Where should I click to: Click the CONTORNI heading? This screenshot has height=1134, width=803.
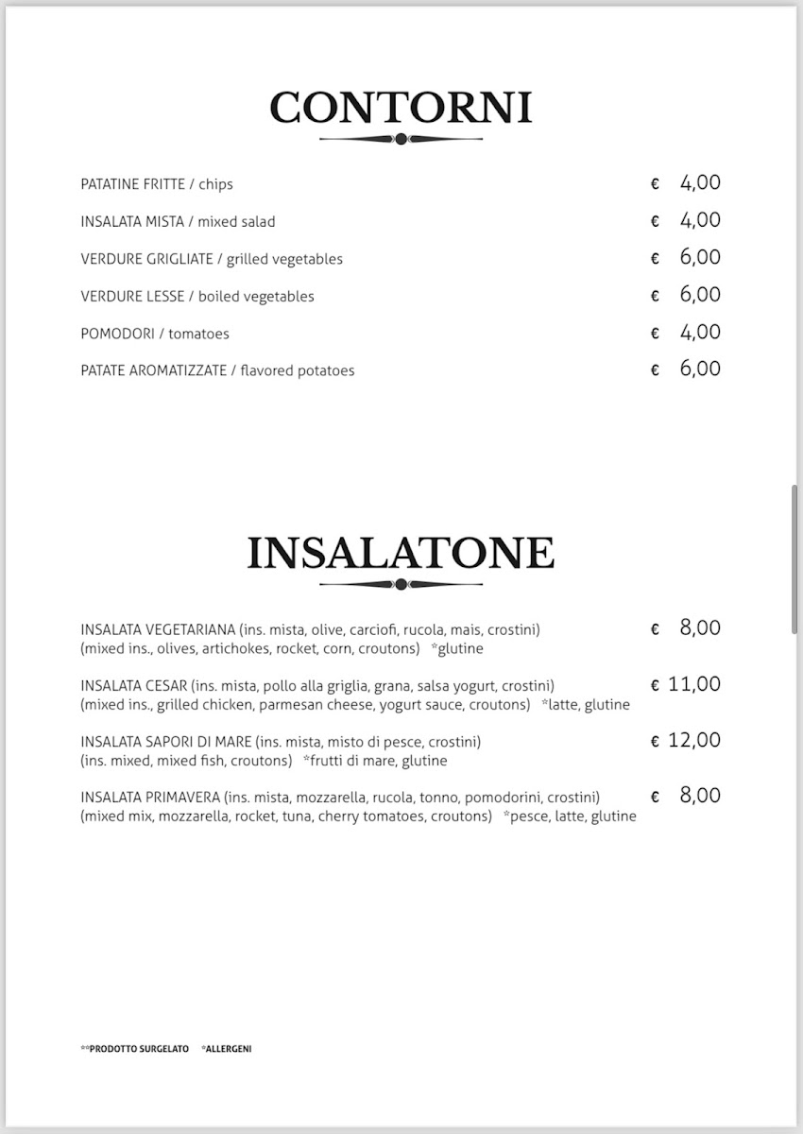tap(401, 108)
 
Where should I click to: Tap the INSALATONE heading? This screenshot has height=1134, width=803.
tap(401, 553)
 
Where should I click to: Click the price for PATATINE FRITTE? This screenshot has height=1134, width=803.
tap(699, 183)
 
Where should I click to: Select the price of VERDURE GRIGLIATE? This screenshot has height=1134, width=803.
tap(699, 258)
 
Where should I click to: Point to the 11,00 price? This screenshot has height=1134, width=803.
tap(693, 684)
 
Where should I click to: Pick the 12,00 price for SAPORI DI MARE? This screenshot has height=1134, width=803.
tap(693, 740)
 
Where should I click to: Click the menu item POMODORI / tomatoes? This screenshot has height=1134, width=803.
tap(155, 334)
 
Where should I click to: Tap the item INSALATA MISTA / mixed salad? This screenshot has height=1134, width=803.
tap(178, 222)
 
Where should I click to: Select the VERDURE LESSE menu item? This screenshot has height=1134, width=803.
tap(197, 297)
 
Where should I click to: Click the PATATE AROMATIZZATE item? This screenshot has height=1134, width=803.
tap(217, 370)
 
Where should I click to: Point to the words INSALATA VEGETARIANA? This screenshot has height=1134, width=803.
tap(158, 629)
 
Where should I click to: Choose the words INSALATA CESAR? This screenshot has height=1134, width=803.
tap(134, 685)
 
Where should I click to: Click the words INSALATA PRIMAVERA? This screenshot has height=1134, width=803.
tap(150, 797)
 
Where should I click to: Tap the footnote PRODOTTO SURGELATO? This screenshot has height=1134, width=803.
tap(138, 1049)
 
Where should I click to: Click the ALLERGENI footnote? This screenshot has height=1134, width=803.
tap(228, 1049)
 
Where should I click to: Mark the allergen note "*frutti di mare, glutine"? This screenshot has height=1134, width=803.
tap(374, 761)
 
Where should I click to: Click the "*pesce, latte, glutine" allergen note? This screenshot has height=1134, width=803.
tap(570, 816)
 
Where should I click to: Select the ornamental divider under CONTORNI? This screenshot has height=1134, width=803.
tap(401, 139)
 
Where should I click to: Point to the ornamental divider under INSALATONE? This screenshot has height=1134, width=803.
tap(401, 584)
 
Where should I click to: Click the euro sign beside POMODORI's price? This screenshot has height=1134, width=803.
tap(655, 334)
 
